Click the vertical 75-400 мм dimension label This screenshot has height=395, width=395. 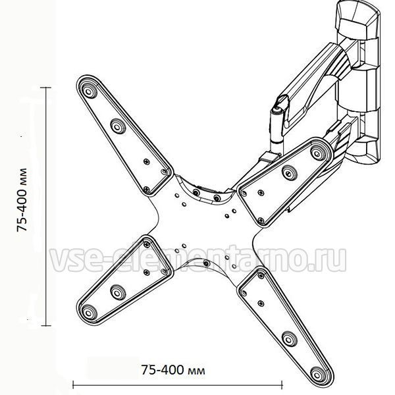(22, 199)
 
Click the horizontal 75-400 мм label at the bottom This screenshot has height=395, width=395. (172, 370)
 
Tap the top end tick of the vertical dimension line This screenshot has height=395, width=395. (46, 88)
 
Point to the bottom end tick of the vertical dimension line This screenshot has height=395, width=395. (46, 325)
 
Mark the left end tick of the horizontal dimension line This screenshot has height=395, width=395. (73, 384)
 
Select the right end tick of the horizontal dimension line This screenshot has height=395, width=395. (282, 384)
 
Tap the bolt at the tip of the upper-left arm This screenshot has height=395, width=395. (88, 92)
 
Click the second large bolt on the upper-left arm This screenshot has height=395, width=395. (118, 126)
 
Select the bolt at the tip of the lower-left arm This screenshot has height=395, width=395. (88, 312)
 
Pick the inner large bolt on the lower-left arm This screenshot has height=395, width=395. (118, 292)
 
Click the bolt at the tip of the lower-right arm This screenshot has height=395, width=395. (317, 374)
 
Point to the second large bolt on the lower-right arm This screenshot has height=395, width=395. (289, 339)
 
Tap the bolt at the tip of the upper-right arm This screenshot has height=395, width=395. (317, 152)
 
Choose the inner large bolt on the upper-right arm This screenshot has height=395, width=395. (289, 173)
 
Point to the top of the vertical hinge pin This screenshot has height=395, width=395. (276, 111)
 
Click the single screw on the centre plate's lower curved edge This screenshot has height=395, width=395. (207, 264)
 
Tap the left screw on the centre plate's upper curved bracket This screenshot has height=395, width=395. (196, 193)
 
